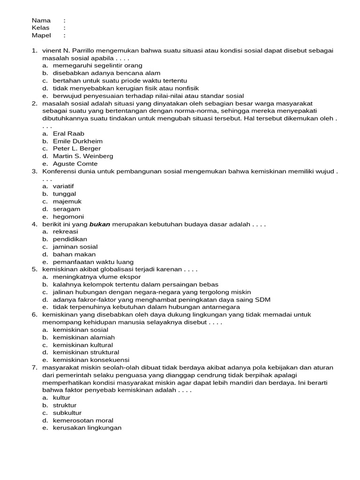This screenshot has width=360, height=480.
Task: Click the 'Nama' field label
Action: click(x=41, y=20)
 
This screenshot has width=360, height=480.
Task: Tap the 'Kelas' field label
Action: click(x=41, y=28)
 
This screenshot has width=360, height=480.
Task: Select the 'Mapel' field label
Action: click(x=41, y=35)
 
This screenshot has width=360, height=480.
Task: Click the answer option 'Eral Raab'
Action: click(x=68, y=134)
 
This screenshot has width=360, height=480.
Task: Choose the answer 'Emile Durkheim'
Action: click(x=77, y=141)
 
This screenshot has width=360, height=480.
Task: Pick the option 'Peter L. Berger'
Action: click(x=76, y=149)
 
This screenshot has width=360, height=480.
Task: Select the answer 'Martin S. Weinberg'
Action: click(x=82, y=156)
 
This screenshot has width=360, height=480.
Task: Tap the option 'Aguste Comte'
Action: click(x=75, y=164)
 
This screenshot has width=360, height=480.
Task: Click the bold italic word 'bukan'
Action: click(x=100, y=224)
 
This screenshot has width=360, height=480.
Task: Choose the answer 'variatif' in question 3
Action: click(x=63, y=186)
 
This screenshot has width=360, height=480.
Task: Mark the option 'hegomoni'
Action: click(x=68, y=217)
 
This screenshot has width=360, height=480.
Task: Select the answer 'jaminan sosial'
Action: click(x=75, y=247)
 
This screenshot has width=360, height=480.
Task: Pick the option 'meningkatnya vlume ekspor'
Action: click(x=93, y=277)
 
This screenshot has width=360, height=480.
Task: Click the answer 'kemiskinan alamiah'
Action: click(x=83, y=337)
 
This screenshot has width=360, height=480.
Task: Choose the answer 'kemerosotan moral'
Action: click(x=83, y=420)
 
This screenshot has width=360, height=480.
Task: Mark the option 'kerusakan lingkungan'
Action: click(x=87, y=428)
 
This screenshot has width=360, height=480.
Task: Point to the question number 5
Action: click(x=34, y=270)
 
